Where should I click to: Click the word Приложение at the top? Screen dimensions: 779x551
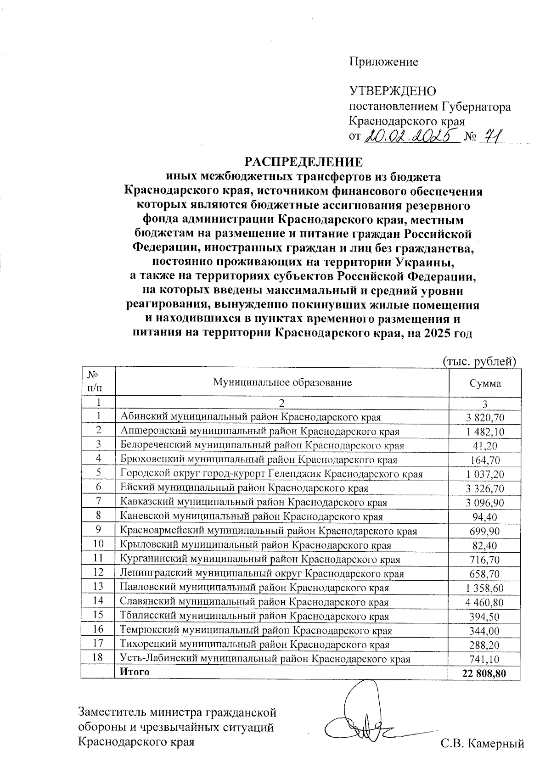384,62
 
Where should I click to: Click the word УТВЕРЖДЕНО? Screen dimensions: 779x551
393,91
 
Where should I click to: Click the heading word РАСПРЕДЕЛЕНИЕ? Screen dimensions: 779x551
303,162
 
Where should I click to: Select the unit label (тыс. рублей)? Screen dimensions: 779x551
479,361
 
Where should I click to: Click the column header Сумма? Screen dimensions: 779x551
485,383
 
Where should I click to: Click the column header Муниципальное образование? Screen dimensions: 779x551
281,382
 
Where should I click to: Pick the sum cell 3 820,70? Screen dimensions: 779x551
485,417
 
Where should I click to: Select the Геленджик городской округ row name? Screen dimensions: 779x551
271,474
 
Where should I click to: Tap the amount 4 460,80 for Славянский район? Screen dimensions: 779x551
485,602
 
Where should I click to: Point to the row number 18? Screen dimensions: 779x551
98,657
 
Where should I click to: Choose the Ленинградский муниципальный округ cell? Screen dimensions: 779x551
262,573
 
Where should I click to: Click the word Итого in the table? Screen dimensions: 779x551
135,672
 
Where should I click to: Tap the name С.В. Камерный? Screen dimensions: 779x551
482,743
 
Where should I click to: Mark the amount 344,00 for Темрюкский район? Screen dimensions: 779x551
485,631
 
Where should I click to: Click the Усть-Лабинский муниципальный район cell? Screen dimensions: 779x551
264,659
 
